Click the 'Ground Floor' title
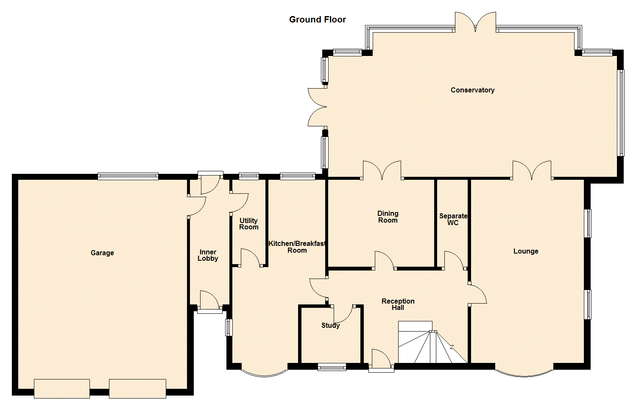coord(317,20)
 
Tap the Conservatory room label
coord(472,90)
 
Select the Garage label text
coord(102,253)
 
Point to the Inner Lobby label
coord(208,255)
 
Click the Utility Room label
coord(248,224)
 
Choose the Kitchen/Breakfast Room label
coord(297,247)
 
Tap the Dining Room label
coord(388,217)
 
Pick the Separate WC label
coord(453,219)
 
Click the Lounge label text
coord(526,251)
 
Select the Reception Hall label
coord(398,304)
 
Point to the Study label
coord(330,325)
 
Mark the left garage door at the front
coord(62,388)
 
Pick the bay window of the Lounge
coord(524,372)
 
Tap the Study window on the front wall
coord(332,367)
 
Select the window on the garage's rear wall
coord(128,176)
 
